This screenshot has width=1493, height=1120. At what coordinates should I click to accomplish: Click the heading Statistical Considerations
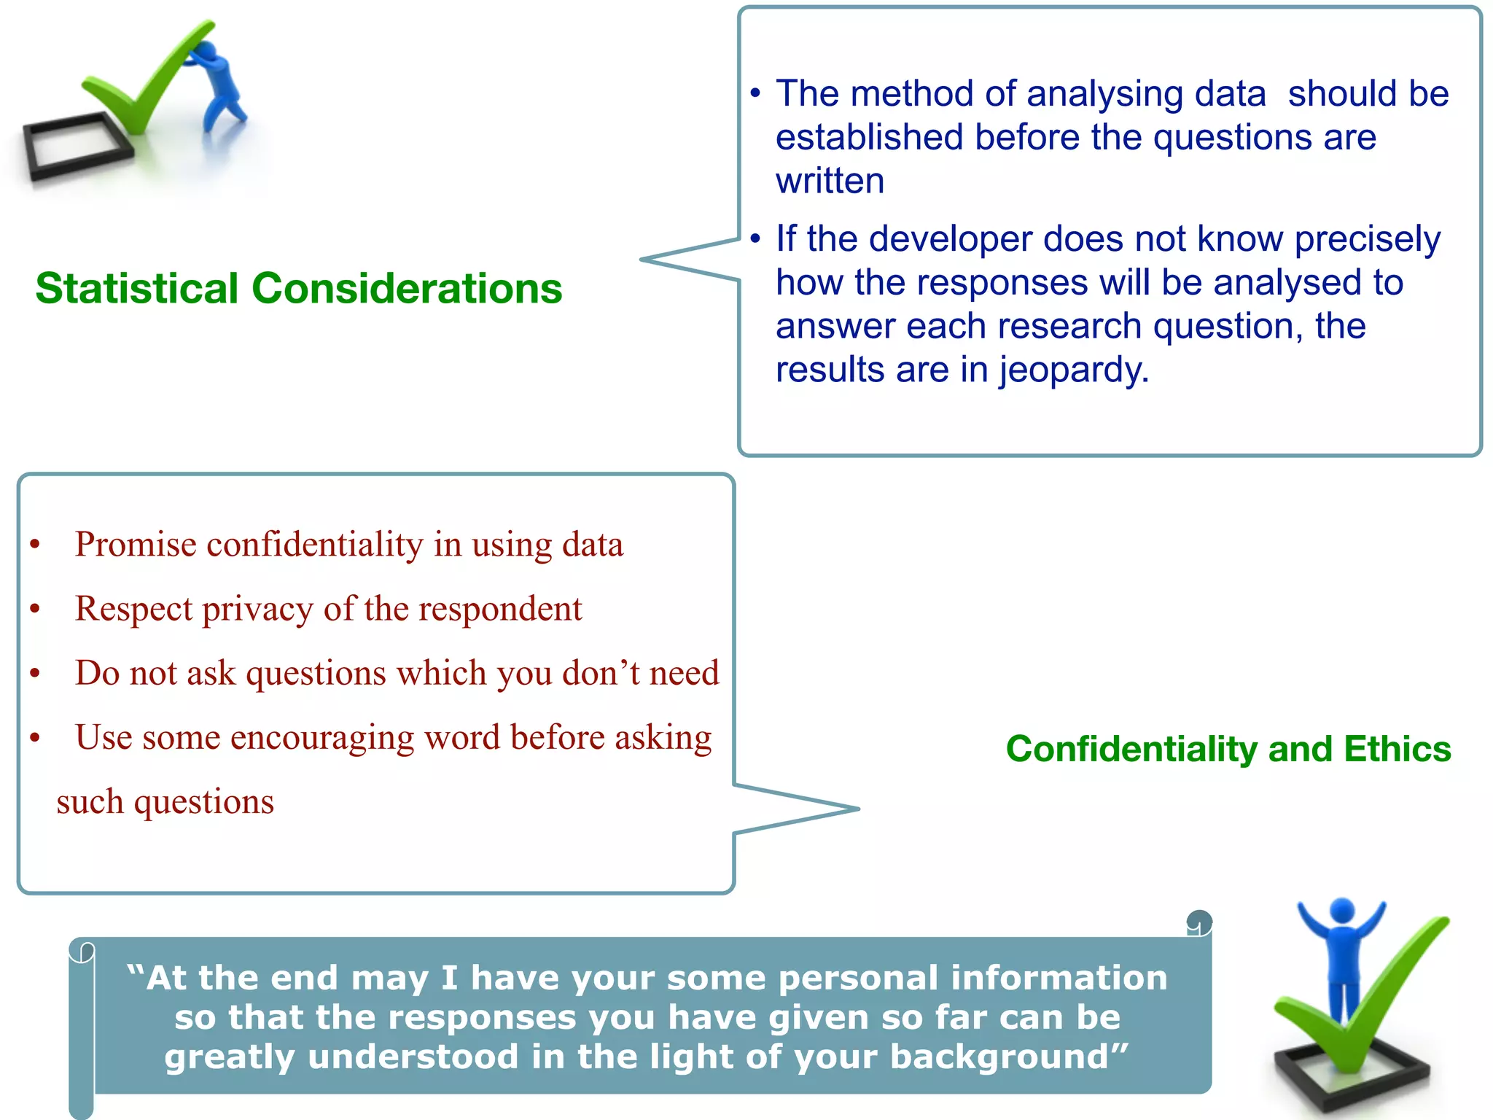[x=299, y=289]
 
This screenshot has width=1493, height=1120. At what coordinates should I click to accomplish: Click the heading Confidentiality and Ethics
[x=1228, y=750]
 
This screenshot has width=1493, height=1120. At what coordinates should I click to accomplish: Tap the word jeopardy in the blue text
[x=1072, y=370]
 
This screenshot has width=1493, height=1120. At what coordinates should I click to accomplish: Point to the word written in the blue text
[x=830, y=181]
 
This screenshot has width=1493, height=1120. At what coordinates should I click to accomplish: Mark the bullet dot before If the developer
[x=755, y=238]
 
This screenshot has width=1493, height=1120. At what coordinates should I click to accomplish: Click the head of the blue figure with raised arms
[x=1342, y=911]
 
